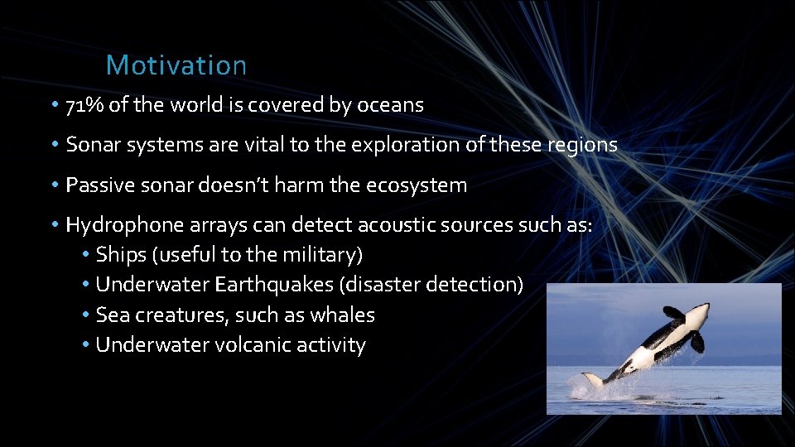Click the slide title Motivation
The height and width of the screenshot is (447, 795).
(x=176, y=65)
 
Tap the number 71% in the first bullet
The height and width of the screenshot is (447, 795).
(x=84, y=106)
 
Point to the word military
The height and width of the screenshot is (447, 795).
(x=319, y=254)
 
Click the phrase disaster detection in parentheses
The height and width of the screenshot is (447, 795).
(x=431, y=285)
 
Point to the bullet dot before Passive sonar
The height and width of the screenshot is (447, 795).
(x=52, y=185)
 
